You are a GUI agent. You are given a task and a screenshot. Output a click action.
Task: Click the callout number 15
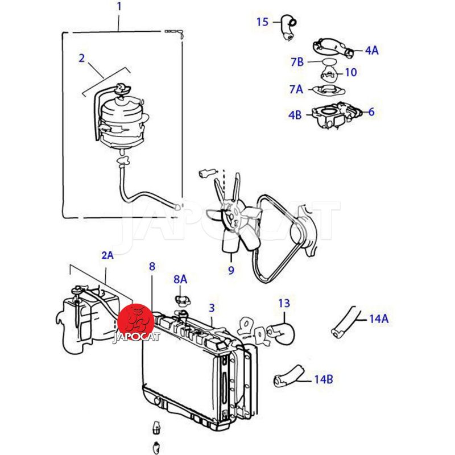pyautogui.click(x=262, y=22)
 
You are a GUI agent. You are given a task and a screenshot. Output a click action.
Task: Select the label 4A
pyautogui.click(x=372, y=51)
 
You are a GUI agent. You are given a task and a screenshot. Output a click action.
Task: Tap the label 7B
pyautogui.click(x=297, y=62)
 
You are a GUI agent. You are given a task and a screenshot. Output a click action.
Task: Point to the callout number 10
pyautogui.click(x=350, y=72)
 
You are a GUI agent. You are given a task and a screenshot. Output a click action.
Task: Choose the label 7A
pyautogui.click(x=296, y=89)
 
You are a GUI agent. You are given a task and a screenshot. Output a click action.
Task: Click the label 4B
pyautogui.click(x=295, y=115)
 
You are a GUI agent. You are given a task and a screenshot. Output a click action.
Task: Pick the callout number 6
pyautogui.click(x=371, y=111)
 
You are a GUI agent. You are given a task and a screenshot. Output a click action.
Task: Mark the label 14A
pyautogui.click(x=379, y=319)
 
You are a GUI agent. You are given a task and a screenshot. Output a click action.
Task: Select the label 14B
pyautogui.click(x=324, y=379)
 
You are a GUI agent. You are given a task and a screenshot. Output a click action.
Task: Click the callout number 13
pyautogui.click(x=284, y=303)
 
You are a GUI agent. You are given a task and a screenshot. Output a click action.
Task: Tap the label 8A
pyautogui.click(x=180, y=279)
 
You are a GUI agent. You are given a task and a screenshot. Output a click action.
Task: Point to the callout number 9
pyautogui.click(x=231, y=271)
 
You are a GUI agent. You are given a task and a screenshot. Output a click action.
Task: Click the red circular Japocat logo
pyautogui.click(x=136, y=321)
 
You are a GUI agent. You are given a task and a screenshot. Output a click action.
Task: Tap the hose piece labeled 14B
pyautogui.click(x=289, y=376)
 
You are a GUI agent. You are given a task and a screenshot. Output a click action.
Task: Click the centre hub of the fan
pyautogui.click(x=231, y=217)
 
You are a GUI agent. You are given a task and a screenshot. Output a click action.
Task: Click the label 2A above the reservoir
pyautogui.click(x=107, y=255)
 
